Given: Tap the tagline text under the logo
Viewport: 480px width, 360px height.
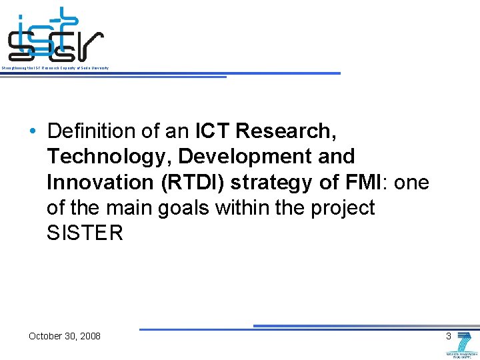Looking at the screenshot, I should tap(55, 69).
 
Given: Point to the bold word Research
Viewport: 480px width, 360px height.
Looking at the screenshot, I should tap(283, 131).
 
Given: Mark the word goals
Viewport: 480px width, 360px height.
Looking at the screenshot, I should tap(184, 208).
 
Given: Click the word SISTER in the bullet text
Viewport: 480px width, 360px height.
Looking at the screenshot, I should tap(85, 234).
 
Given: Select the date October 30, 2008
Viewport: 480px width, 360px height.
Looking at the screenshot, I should tap(65, 336).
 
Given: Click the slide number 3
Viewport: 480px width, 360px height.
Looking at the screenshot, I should tap(449, 336).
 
